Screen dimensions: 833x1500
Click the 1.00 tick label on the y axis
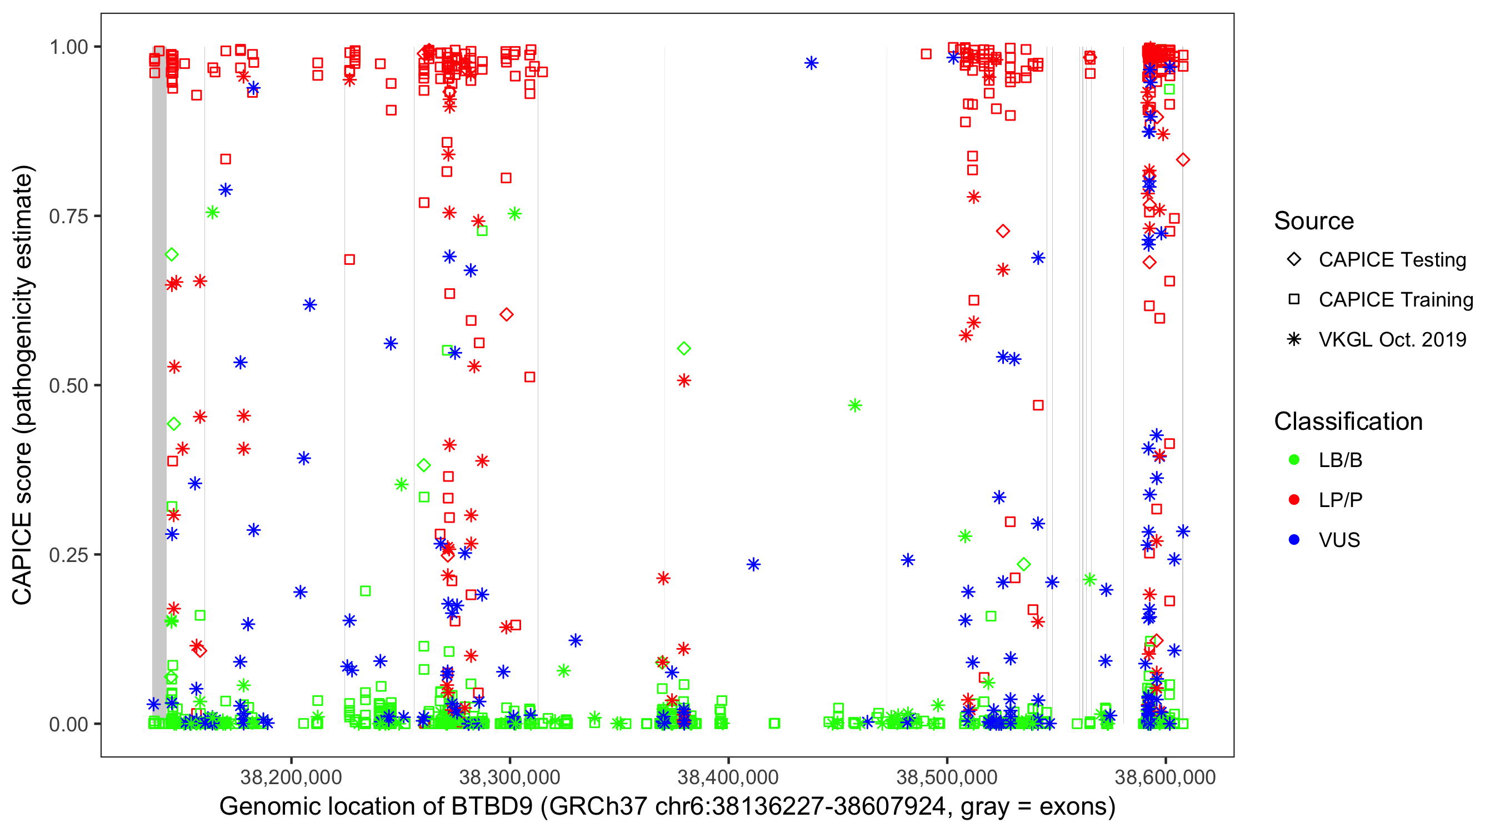click(x=68, y=47)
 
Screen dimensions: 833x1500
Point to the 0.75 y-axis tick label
click(x=68, y=217)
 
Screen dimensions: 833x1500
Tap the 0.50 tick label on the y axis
click(x=68, y=386)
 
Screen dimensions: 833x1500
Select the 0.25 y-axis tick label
click(x=68, y=555)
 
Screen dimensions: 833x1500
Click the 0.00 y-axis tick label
click(x=68, y=725)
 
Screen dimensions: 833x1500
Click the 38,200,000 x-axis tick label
click(x=291, y=777)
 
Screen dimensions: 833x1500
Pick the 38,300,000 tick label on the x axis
click(x=509, y=777)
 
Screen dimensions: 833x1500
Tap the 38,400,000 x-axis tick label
click(x=728, y=777)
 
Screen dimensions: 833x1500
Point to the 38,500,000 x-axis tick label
click(x=947, y=777)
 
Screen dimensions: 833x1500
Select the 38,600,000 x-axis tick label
click(x=1165, y=777)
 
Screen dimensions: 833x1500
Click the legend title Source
click(x=1314, y=221)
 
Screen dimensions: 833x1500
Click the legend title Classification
click(x=1348, y=421)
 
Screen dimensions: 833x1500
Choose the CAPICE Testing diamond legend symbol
click(x=1294, y=260)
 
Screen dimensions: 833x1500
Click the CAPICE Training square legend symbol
click(x=1294, y=300)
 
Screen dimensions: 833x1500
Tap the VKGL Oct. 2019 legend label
click(x=1392, y=340)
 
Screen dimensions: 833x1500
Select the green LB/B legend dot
click(x=1294, y=460)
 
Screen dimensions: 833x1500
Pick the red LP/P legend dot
click(x=1294, y=500)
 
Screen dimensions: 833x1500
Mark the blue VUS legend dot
click(x=1294, y=540)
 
